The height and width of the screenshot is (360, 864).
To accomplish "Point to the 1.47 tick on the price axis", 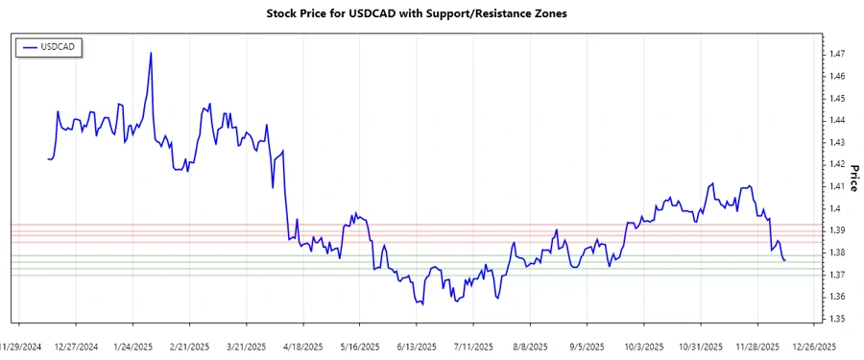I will [x=838, y=54].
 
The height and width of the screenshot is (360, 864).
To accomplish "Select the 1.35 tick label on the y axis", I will [x=838, y=319].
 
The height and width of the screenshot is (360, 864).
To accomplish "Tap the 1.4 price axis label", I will [x=835, y=208].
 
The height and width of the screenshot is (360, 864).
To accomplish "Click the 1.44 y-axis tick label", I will [x=838, y=120].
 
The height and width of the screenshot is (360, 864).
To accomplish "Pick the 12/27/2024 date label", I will [x=77, y=346].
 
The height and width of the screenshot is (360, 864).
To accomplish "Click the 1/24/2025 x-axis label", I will [x=133, y=346].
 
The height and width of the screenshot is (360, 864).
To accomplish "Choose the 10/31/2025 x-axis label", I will [x=699, y=346].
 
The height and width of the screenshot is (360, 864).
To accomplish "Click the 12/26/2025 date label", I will [x=814, y=346].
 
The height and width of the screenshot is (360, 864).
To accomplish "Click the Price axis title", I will [x=853, y=176].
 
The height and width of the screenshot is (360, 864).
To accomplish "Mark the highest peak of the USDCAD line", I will [x=151, y=53].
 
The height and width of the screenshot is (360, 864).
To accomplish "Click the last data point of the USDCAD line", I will [x=784, y=260].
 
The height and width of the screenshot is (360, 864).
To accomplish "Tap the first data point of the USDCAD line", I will [x=48, y=158].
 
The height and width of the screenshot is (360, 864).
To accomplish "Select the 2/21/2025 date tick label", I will [x=190, y=346].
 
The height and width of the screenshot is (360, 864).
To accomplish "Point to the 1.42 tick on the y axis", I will [x=838, y=164].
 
